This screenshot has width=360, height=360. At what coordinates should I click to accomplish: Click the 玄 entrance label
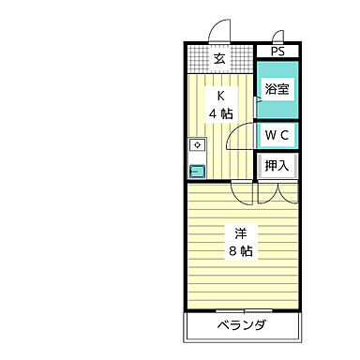tap(219, 59)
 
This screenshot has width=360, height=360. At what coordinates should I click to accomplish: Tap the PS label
tap(277, 52)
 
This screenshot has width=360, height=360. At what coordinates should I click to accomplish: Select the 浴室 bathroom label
tap(277, 90)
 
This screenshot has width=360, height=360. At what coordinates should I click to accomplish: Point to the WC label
tap(277, 135)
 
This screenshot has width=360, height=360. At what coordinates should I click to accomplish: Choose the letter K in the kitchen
tap(222, 96)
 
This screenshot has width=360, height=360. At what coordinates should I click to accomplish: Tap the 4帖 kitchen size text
tap(221, 113)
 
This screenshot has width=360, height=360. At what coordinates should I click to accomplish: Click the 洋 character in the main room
tap(241, 232)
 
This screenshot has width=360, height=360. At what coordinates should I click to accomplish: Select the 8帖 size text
tap(241, 251)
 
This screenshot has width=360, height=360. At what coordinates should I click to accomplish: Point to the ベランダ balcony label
tap(242, 326)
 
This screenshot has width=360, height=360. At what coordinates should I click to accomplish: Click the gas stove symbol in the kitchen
tap(197, 145)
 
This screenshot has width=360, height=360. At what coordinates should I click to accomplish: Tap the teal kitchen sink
tap(197, 171)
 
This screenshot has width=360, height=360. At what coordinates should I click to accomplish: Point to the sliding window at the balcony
tap(242, 309)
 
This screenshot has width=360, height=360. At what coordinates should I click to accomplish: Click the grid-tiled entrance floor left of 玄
tap(198, 59)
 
